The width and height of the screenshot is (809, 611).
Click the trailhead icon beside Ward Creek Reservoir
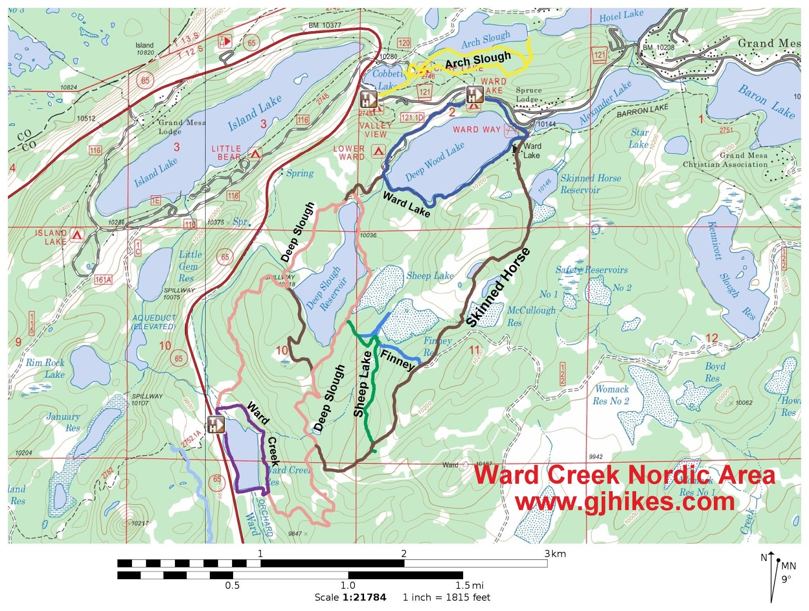pyautogui.click(x=216, y=424)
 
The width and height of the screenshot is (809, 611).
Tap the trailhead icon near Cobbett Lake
pyautogui.click(x=369, y=99)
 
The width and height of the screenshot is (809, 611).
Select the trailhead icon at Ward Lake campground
pyautogui.click(x=474, y=95)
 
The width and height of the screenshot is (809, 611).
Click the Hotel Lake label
pyautogui.click(x=621, y=16)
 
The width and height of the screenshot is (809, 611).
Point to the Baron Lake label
pyautogui.click(x=766, y=102)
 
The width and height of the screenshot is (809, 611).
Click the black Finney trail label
pyautogui.click(x=397, y=360)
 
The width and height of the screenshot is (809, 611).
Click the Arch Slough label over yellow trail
pyautogui.click(x=478, y=60)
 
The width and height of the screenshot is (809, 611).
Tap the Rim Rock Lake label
pyautogui.click(x=45, y=368)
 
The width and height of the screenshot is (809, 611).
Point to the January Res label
pyautogui.click(x=64, y=422)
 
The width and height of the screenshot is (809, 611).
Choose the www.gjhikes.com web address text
pyautogui.click(x=625, y=502)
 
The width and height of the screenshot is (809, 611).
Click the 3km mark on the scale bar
pyautogui.click(x=555, y=554)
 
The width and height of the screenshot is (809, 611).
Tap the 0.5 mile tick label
pyautogui.click(x=232, y=586)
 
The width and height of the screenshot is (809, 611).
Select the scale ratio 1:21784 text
pyautogui.click(x=364, y=597)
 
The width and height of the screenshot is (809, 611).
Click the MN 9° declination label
pyautogui.click(x=788, y=572)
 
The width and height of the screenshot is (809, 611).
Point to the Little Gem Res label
pyautogui.click(x=189, y=266)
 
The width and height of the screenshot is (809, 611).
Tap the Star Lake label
pyautogui.click(x=639, y=138)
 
